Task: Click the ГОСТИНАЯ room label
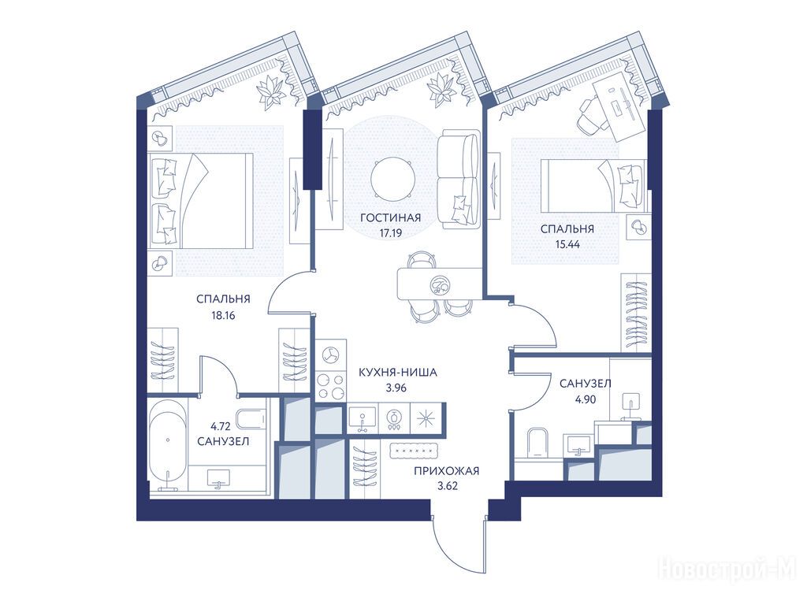pos(391,217)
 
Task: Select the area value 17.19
pos(391,233)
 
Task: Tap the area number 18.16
pos(223,315)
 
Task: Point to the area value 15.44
pos(567,245)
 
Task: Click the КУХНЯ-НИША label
pos(397,372)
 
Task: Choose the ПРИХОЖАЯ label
pos(446,471)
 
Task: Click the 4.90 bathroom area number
pos(586,399)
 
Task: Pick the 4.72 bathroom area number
pos(221,426)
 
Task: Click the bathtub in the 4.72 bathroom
pos(168,444)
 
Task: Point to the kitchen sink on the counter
pos(363,417)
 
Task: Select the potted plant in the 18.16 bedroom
pos(271,93)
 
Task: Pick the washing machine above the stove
pos(330,355)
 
